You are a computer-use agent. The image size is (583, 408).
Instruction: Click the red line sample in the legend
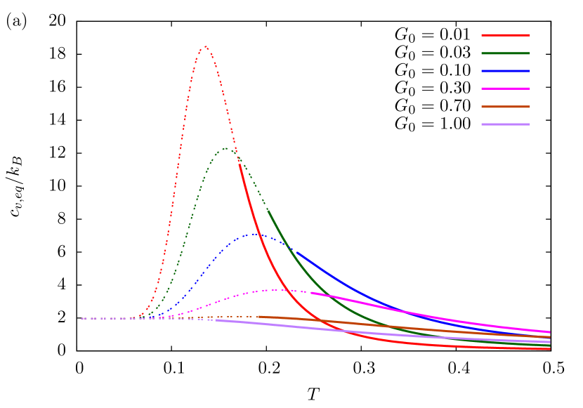[506, 34]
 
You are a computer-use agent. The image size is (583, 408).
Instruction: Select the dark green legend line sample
[506, 53]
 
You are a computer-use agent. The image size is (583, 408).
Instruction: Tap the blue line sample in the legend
[506, 71]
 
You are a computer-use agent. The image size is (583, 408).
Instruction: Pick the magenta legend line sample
[506, 88]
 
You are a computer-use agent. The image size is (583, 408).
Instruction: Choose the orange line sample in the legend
[506, 107]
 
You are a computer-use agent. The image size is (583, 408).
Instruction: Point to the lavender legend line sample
[506, 124]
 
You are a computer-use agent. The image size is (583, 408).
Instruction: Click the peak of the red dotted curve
[205, 46]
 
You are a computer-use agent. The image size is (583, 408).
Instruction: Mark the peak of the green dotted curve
[225, 148]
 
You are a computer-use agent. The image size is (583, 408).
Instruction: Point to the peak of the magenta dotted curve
[279, 289]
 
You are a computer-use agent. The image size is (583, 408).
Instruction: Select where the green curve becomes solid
[268, 211]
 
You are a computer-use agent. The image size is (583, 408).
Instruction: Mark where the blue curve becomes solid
[296, 251]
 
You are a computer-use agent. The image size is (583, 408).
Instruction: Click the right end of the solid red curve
[549, 349]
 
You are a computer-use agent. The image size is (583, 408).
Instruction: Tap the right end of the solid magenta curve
[549, 331]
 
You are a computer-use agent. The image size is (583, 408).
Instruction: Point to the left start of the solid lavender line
[216, 320]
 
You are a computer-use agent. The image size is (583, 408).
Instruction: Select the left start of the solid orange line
[257, 317]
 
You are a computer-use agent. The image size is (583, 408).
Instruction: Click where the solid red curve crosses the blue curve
[258, 235]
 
